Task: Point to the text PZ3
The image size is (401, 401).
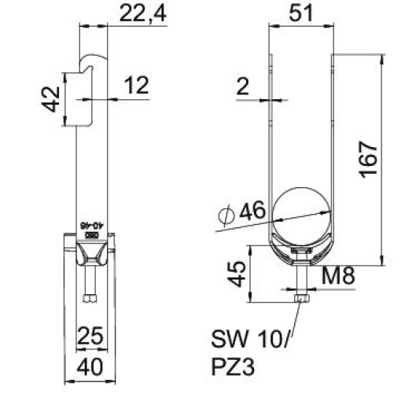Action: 234,366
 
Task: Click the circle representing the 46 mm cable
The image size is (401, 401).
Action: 302,212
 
